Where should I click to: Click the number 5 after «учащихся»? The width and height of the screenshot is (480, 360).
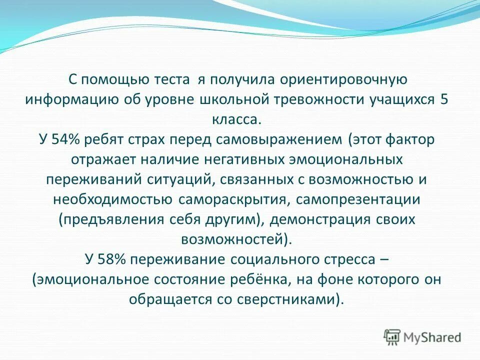tap(443, 99)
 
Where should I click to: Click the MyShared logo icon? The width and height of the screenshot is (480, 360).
tap(393, 336)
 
